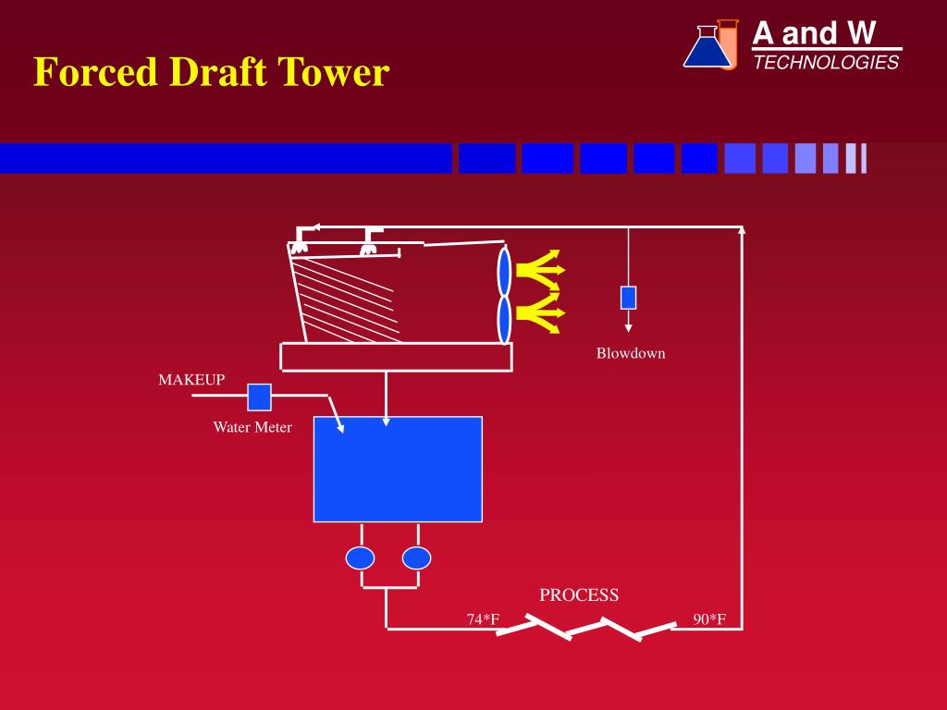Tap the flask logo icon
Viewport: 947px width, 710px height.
[710, 45]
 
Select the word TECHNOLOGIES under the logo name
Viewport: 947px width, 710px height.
[826, 62]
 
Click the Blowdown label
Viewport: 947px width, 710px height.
[631, 353]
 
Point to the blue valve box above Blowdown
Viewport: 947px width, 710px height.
[628, 297]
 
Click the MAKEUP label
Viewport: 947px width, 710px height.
[191, 380]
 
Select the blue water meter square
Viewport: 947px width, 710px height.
[259, 397]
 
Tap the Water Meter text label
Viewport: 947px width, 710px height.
[252, 427]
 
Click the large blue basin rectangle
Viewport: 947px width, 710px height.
[398, 469]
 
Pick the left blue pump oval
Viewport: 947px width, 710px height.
[360, 558]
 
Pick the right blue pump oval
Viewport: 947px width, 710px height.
[417, 558]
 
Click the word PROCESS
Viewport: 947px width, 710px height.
[579, 595]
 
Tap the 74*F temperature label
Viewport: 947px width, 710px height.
[483, 619]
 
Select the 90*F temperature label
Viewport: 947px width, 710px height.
[710, 619]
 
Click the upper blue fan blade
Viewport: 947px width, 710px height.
[504, 271]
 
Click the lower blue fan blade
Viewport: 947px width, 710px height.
[504, 319]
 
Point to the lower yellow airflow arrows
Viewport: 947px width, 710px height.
[540, 312]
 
